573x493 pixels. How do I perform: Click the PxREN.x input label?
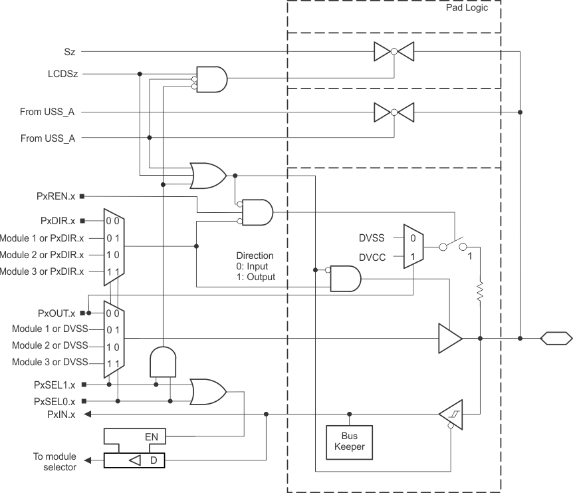tap(57, 196)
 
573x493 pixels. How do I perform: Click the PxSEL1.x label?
tap(54, 385)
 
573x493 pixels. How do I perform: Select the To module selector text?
tap(55, 462)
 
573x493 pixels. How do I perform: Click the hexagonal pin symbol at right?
tap(554, 339)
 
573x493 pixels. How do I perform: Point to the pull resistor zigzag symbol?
tap(479, 293)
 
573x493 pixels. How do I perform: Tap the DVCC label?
tap(372, 255)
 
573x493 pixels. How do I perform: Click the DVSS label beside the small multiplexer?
tap(372, 237)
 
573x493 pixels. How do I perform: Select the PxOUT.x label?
tap(56, 313)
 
